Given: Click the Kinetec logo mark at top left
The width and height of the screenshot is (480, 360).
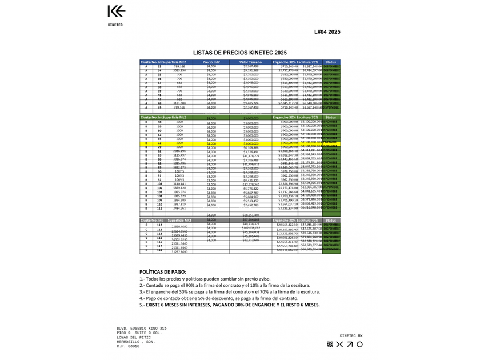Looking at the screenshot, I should [116, 11].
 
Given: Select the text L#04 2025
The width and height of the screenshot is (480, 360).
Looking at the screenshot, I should [327, 32].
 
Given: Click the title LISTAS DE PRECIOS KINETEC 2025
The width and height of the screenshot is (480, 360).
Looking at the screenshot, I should [240, 51].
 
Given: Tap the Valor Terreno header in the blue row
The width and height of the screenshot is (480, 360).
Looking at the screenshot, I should [251, 62].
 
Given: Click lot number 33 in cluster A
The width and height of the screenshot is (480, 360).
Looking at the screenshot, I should [160, 66].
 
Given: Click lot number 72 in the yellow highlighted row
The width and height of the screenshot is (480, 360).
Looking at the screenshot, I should [160, 143].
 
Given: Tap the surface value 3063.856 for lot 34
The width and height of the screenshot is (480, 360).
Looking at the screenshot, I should [179, 71].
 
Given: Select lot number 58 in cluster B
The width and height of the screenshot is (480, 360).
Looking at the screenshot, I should [160, 122].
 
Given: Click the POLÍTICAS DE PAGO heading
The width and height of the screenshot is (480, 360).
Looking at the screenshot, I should [163, 272].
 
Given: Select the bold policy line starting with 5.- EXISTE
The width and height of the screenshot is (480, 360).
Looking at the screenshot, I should [229, 305].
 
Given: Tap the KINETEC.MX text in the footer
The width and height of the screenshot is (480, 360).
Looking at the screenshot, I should [350, 335].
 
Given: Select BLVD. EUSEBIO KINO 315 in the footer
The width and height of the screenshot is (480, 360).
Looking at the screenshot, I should [141, 329].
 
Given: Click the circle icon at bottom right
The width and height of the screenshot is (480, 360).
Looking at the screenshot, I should [359, 345].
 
